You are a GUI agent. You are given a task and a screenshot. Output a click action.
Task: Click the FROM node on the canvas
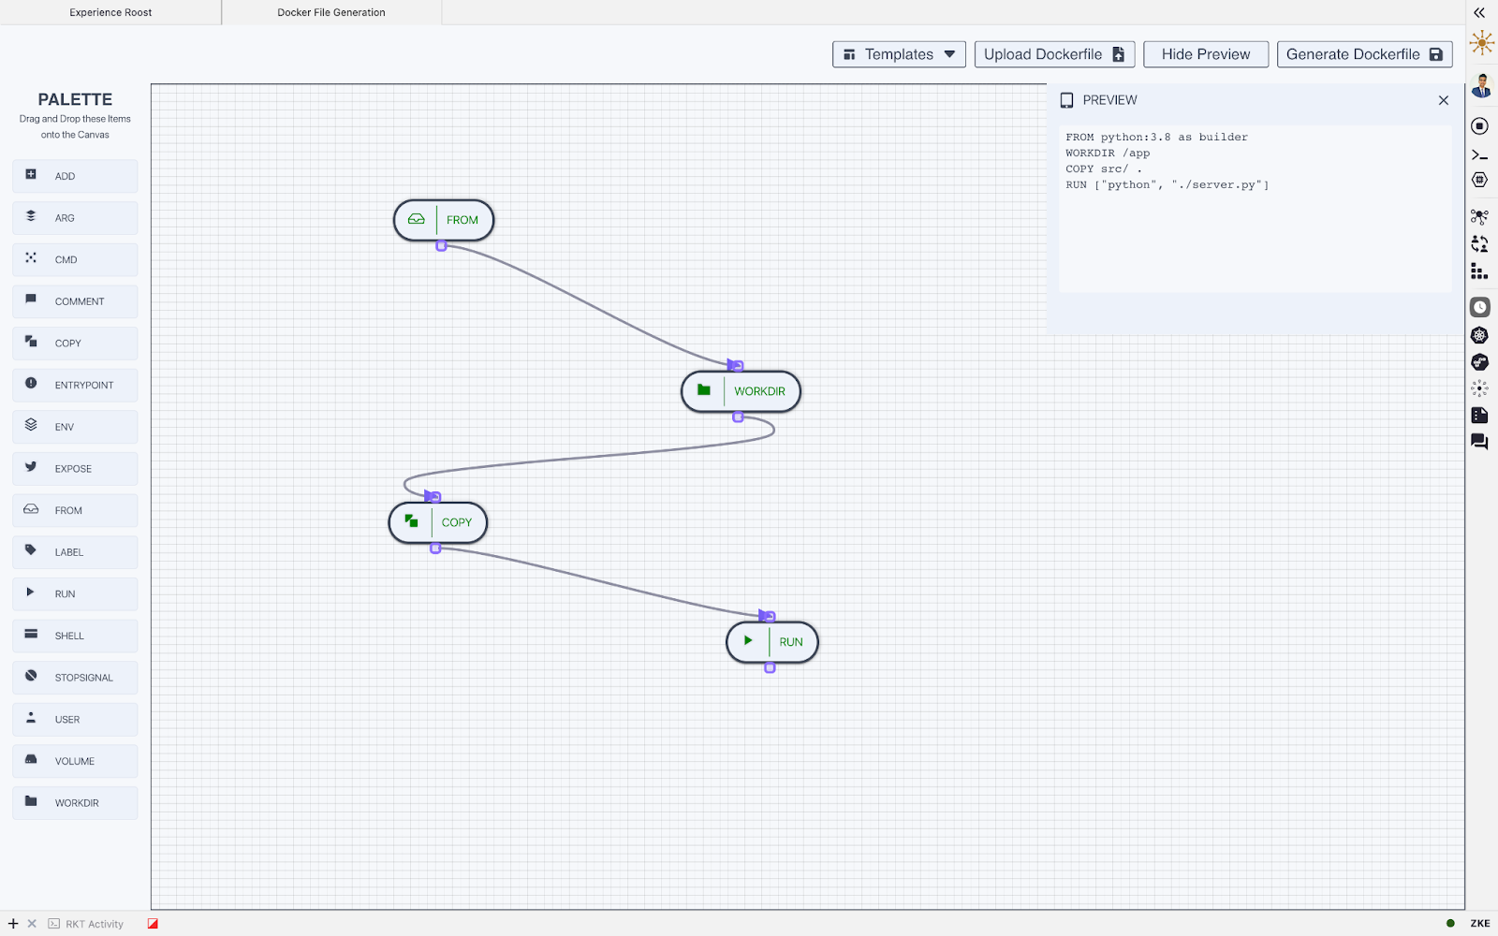444,220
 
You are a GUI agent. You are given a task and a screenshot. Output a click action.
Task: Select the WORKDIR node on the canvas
741,391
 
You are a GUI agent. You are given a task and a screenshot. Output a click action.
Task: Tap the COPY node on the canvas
438,522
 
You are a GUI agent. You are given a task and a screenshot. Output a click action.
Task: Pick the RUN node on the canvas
772,642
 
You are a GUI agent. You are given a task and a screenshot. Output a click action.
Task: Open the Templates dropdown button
899,54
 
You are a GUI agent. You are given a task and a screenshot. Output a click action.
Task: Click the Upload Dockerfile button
1054,54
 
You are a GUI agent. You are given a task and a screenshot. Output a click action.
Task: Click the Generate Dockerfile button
1364,54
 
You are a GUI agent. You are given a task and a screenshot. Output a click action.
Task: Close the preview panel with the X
1443,100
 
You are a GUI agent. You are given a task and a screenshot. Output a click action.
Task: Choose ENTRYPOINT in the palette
75,385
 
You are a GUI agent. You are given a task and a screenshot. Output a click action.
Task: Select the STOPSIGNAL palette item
75,678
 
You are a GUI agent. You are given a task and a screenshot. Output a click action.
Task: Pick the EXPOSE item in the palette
75,469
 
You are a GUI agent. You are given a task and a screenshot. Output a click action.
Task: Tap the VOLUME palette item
75,761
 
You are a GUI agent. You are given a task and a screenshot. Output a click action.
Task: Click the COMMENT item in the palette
75,301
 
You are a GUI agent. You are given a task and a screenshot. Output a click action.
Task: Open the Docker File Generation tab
331,12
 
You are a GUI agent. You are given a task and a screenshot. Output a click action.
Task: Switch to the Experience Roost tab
110,12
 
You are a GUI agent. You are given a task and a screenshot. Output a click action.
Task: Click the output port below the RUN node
770,668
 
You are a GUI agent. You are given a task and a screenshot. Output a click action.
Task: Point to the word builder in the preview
1223,137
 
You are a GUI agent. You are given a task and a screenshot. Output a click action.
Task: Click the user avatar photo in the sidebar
1480,86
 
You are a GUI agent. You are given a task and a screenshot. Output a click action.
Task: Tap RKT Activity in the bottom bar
95,924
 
